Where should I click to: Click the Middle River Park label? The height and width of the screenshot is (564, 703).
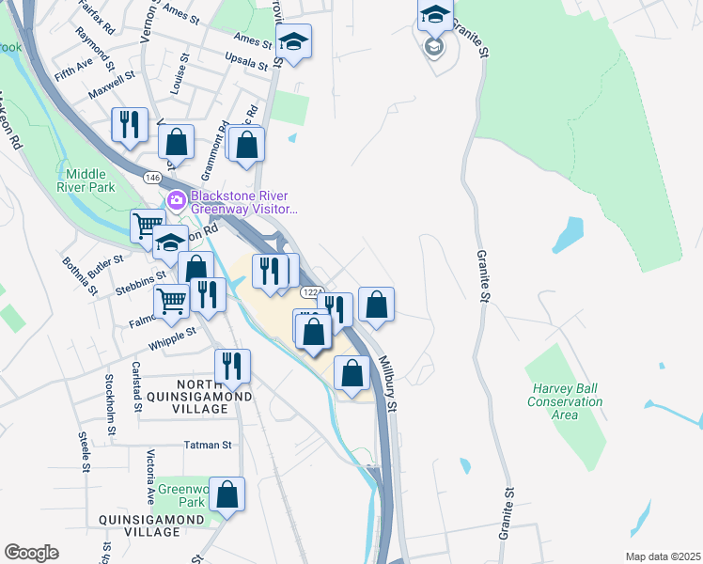coord(90,180)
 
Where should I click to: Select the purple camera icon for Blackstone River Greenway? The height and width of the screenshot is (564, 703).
coord(175,201)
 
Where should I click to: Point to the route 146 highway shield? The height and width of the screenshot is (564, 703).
coord(151,177)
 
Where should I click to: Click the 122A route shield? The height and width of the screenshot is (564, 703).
coord(314,293)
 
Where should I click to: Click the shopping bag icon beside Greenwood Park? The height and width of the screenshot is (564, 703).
coord(227,493)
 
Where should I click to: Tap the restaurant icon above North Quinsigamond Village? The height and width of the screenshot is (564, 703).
coord(231,365)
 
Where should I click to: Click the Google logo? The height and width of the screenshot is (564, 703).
coord(31,553)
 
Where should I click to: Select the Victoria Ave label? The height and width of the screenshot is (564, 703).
coord(150,477)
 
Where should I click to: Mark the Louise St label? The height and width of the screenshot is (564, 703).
coord(180,85)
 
